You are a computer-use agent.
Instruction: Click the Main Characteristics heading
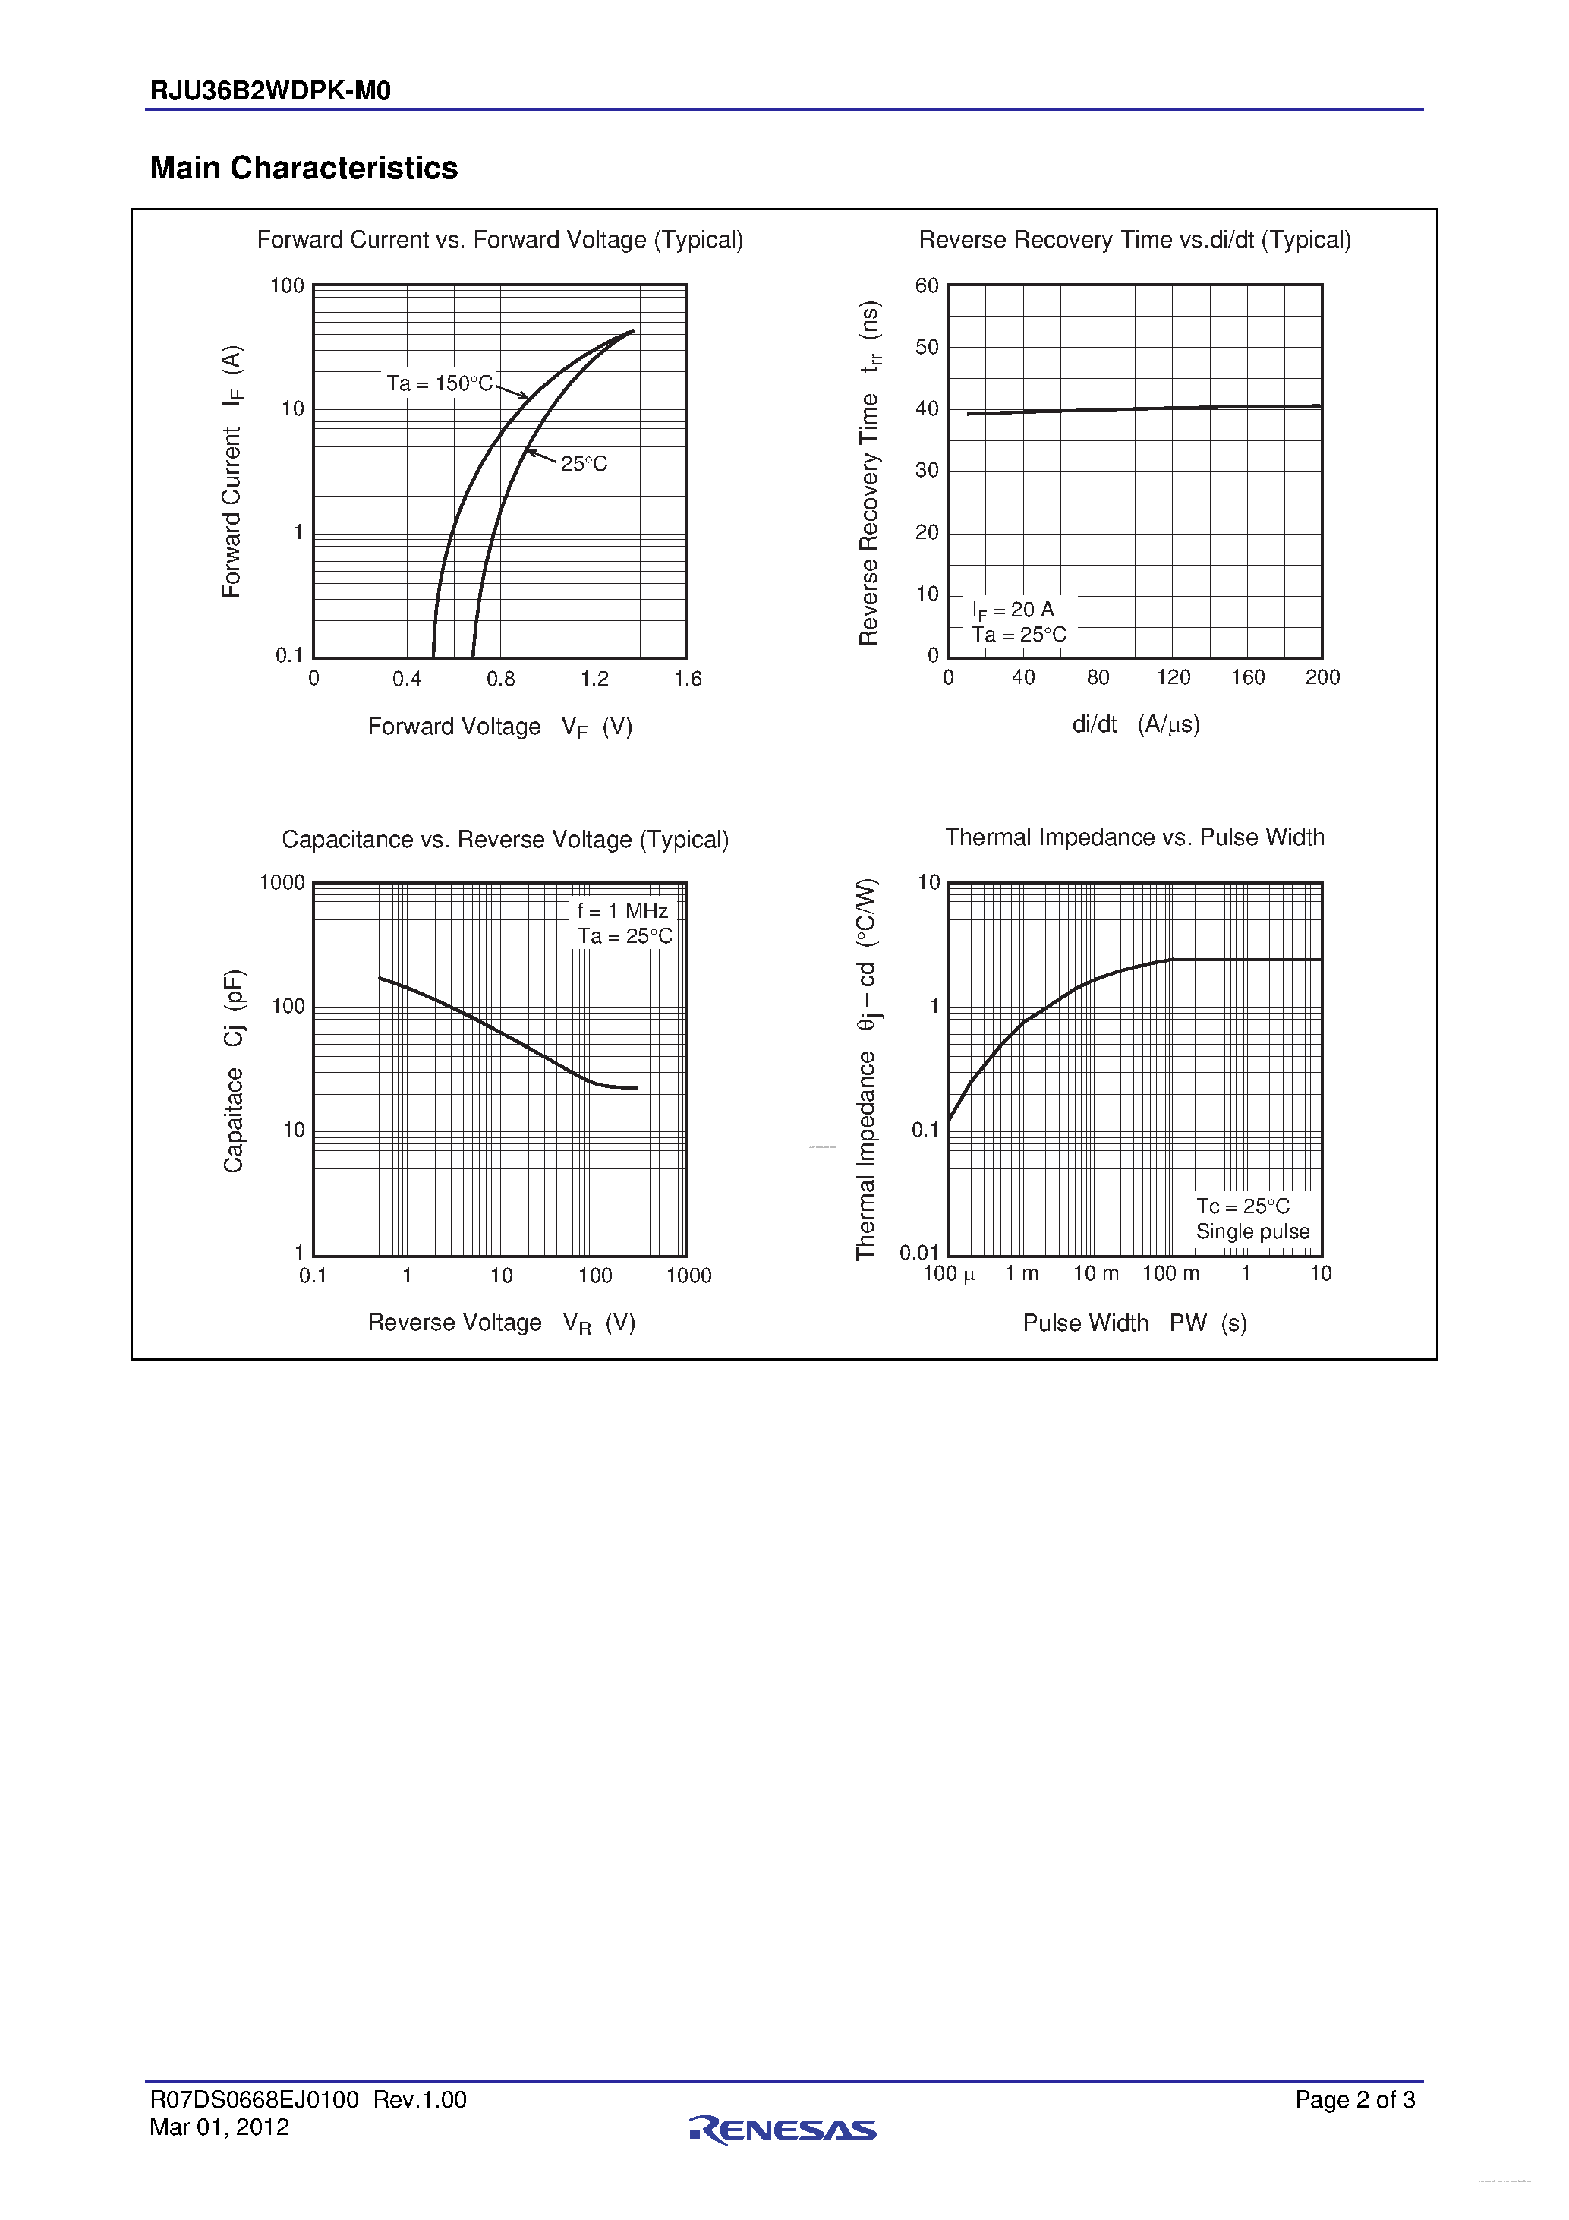click(304, 169)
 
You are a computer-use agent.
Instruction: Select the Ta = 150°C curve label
click(440, 384)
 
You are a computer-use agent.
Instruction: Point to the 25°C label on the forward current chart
click(584, 464)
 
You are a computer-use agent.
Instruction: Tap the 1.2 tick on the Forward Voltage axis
click(594, 680)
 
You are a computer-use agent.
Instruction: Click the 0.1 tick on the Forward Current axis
click(289, 655)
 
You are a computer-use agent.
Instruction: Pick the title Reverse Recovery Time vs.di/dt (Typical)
click(1134, 240)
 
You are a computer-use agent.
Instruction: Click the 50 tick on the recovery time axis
click(926, 347)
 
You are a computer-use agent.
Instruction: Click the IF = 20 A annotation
click(1013, 610)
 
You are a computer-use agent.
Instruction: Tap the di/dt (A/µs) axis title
click(1135, 725)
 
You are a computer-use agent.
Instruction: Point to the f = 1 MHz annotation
click(622, 911)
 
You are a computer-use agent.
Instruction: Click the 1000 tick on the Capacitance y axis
click(282, 883)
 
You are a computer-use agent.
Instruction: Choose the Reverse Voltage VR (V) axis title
click(501, 1323)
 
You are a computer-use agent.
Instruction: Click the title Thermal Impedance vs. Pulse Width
click(1134, 837)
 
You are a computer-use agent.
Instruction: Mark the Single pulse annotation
click(1252, 1231)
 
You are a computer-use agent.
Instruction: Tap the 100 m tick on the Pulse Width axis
click(1170, 1273)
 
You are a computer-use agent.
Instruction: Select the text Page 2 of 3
click(1354, 2099)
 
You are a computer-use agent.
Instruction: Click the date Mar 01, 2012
click(219, 2127)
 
